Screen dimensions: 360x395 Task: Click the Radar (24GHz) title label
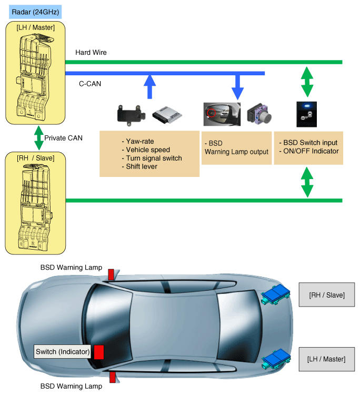pyautogui.click(x=35, y=12)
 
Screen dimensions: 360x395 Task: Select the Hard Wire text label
pyautogui.click(x=91, y=52)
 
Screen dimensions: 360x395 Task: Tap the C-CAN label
pyautogui.click(x=90, y=84)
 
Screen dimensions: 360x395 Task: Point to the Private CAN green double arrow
pyautogui.click(x=39, y=138)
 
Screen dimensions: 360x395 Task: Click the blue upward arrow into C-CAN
pyautogui.click(x=150, y=87)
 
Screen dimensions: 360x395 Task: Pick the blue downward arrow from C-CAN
pyautogui.click(x=237, y=87)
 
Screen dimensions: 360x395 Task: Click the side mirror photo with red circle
pyautogui.click(x=222, y=114)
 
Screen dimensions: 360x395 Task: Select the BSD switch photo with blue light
pyautogui.click(x=307, y=114)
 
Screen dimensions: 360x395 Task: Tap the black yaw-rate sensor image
pyautogui.click(x=131, y=115)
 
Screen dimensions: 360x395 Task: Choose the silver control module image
pyautogui.click(x=167, y=115)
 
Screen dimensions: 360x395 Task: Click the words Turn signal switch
pyautogui.click(x=154, y=158)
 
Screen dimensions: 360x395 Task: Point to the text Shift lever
pyautogui.click(x=142, y=166)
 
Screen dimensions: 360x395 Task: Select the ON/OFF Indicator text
pyautogui.click(x=311, y=151)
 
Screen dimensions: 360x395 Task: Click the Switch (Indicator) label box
pyautogui.click(x=63, y=351)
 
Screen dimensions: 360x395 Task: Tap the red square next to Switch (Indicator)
pyautogui.click(x=99, y=352)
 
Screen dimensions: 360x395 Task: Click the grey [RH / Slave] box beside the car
pyautogui.click(x=327, y=295)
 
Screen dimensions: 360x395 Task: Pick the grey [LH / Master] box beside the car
pyautogui.click(x=327, y=359)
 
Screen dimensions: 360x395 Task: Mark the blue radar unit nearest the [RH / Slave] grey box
pyautogui.click(x=276, y=294)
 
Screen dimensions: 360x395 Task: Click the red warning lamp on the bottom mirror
pyautogui.click(x=112, y=377)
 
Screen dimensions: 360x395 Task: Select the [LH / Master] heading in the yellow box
pyautogui.click(x=35, y=27)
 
